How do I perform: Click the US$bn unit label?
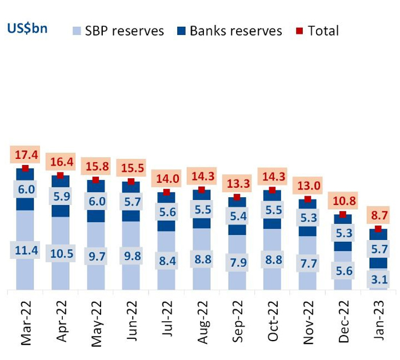[x=27, y=29]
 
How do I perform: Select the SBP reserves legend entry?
[x=118, y=31]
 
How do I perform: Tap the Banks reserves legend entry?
[x=229, y=31]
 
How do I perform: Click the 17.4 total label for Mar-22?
[x=25, y=155]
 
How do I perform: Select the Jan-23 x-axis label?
[x=378, y=324]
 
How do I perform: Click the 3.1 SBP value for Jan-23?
[x=378, y=279]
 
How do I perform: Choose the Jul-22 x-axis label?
[x=166, y=324]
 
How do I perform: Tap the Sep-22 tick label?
[x=237, y=324]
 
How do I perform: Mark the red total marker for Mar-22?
[x=25, y=169]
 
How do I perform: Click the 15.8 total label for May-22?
[x=96, y=167]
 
